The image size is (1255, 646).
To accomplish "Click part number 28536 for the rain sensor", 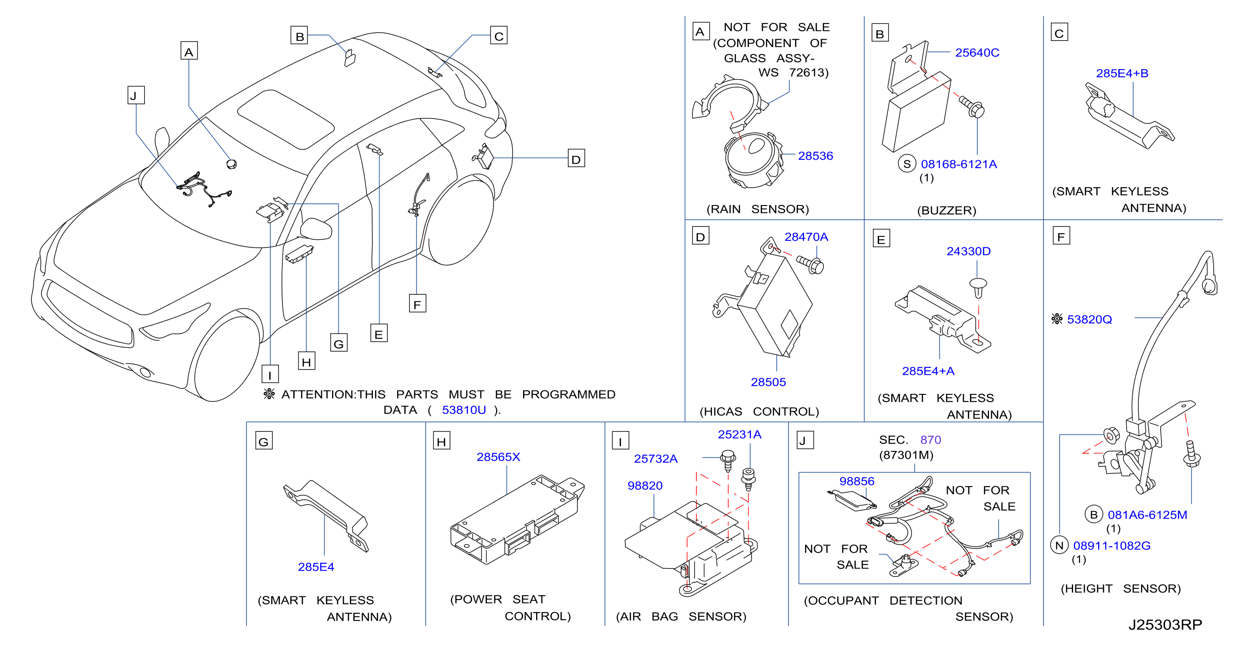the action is tap(815, 156).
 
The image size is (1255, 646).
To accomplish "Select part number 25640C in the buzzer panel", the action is tap(977, 53).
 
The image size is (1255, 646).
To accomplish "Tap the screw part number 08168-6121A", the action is tap(958, 164).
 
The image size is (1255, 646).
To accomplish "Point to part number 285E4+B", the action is tap(1122, 73).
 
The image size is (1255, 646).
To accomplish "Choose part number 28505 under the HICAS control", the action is tap(768, 382).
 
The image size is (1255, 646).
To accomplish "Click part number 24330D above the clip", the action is tap(969, 251).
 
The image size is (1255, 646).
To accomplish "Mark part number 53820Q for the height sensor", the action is tap(1089, 320).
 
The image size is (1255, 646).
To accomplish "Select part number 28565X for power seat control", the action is tap(498, 457).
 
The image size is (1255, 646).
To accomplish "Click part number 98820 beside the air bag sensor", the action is tap(645, 486).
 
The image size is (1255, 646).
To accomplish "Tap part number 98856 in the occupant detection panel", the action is tap(857, 481).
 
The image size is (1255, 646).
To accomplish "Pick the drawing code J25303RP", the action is tap(1165, 625).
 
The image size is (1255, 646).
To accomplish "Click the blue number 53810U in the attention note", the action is tap(464, 410).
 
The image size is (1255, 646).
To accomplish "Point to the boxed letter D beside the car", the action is tap(576, 159).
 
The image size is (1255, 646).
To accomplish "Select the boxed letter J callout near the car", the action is tap(136, 95).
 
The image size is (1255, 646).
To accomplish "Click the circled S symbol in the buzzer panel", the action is tap(907, 164).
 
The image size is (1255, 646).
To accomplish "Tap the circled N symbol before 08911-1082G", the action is tap(1059, 545).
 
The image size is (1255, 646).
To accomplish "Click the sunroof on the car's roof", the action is tap(286, 119).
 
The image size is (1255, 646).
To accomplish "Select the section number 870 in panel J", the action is tap(930, 440).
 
